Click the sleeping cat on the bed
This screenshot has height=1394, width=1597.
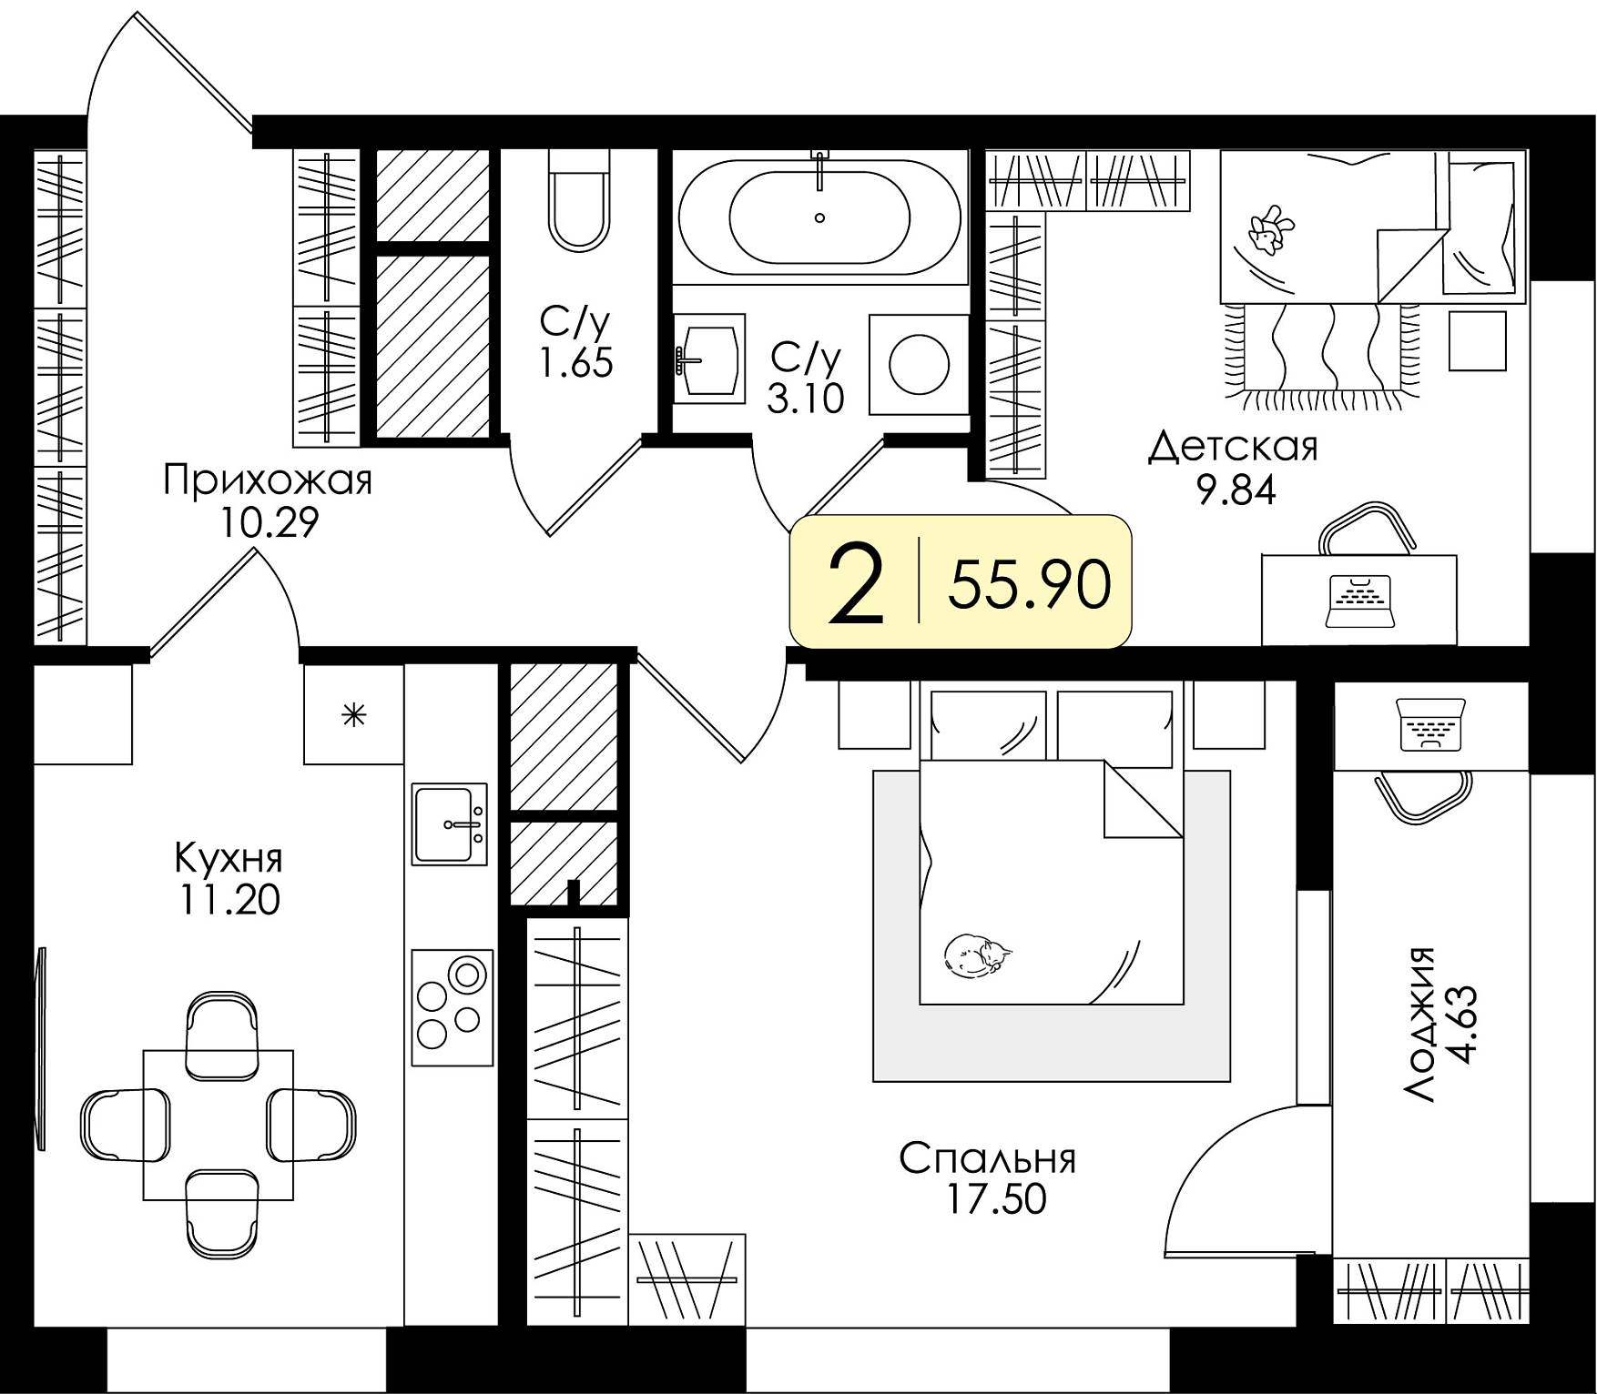(978, 956)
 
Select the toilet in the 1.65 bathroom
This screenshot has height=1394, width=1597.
(579, 200)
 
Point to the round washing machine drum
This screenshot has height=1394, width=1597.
(919, 364)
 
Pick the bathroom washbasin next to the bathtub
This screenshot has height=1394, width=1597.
(709, 359)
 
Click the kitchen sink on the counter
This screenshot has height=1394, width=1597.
(450, 823)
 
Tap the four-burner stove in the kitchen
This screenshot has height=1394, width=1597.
(452, 1007)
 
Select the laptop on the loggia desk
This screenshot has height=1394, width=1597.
(1430, 724)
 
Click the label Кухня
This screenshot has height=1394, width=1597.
(229, 857)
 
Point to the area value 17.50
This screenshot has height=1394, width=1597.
(997, 1198)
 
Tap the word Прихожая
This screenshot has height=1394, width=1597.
(268, 480)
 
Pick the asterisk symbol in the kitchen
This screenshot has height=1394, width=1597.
(353, 716)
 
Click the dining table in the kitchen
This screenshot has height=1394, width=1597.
(219, 1125)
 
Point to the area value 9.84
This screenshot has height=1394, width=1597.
(1236, 491)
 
